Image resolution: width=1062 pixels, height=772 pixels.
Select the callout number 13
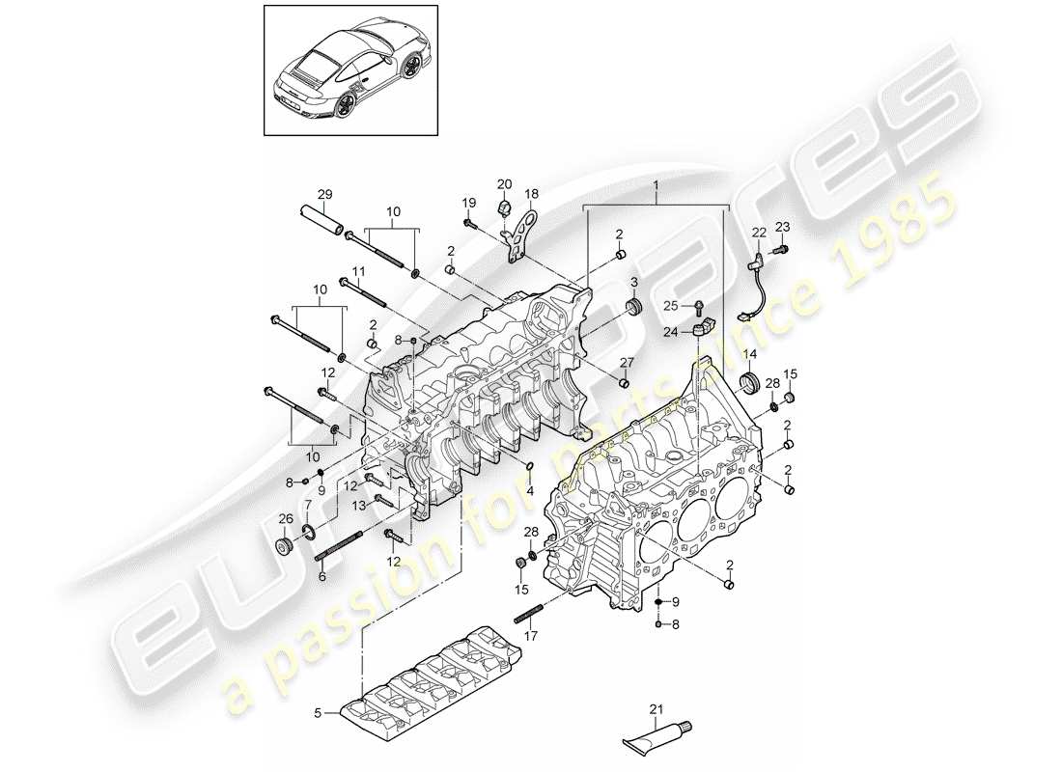(358, 504)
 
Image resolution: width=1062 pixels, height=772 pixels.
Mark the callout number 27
(626, 364)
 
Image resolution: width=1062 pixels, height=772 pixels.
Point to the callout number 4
(528, 488)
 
